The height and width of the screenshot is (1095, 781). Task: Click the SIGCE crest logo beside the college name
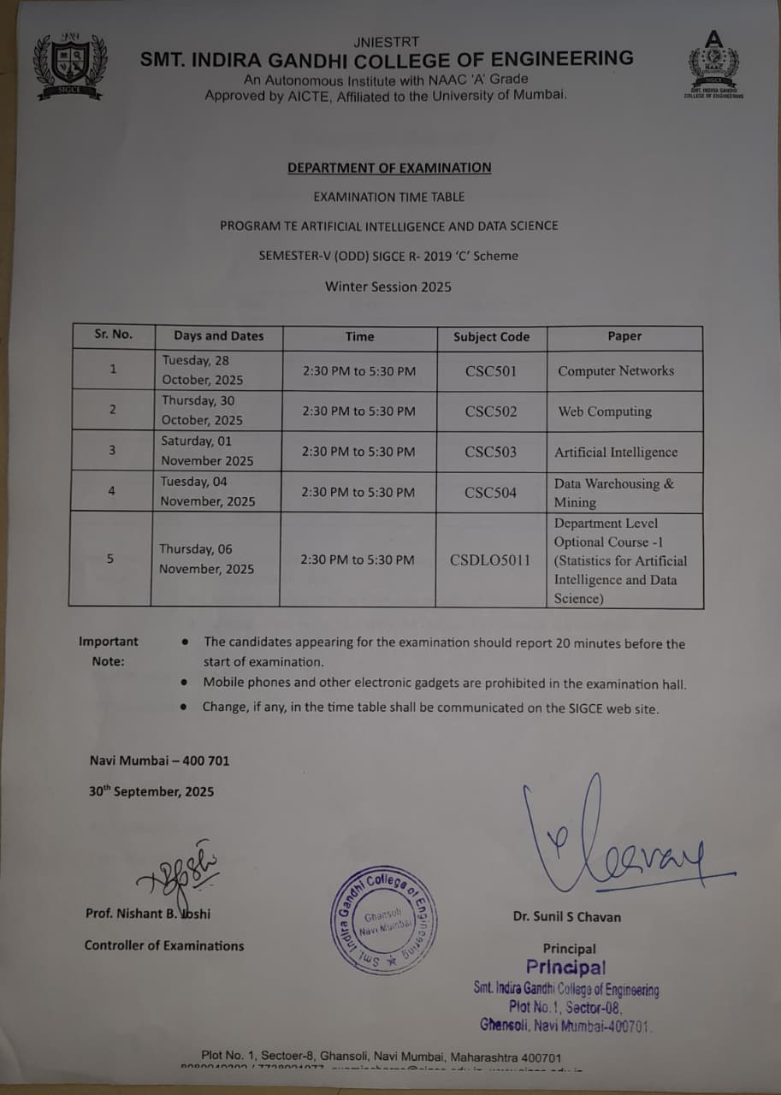coord(70,66)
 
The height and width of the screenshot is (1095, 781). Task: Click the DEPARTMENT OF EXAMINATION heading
coord(389,168)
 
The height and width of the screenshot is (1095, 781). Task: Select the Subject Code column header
coord(491,336)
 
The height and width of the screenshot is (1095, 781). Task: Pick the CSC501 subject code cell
coord(491,371)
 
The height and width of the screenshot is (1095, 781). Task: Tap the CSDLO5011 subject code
coord(490,560)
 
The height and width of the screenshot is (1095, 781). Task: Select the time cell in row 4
coord(358,492)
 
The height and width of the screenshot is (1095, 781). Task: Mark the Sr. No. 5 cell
coord(110,559)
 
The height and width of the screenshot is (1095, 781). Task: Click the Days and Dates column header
coord(219,336)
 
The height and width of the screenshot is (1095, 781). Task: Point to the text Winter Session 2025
coord(388,287)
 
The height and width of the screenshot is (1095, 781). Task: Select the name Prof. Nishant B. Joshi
coord(148,914)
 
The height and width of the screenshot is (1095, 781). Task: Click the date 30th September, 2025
coord(151,791)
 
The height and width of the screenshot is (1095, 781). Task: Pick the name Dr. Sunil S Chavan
coord(567,917)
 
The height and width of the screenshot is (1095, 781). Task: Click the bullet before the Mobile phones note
coord(185,684)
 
